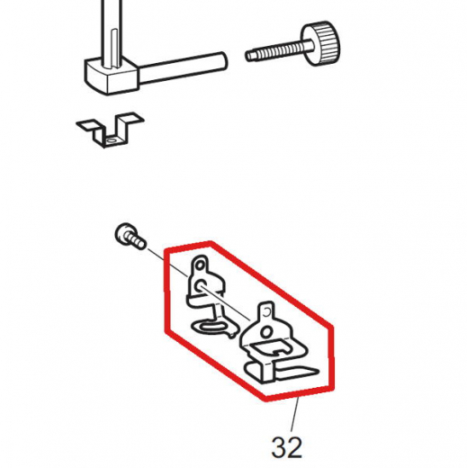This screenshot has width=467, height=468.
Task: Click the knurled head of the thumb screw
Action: click(321, 43)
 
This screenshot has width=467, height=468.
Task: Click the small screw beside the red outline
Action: click(130, 236)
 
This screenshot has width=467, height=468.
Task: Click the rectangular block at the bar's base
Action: click(112, 76)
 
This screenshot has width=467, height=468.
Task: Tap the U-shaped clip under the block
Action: click(110, 130)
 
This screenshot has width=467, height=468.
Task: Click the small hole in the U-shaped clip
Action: click(112, 140)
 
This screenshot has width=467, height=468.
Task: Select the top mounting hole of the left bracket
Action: click(199, 265)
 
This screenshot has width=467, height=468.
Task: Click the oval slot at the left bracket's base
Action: click(212, 326)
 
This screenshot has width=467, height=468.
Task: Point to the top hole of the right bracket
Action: click(267, 312)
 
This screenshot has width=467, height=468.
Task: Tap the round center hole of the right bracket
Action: click(265, 332)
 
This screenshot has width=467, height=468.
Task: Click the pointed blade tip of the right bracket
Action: click(318, 372)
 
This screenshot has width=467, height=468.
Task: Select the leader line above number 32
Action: click(294, 415)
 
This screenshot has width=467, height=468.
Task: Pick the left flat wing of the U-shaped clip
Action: click(88, 125)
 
